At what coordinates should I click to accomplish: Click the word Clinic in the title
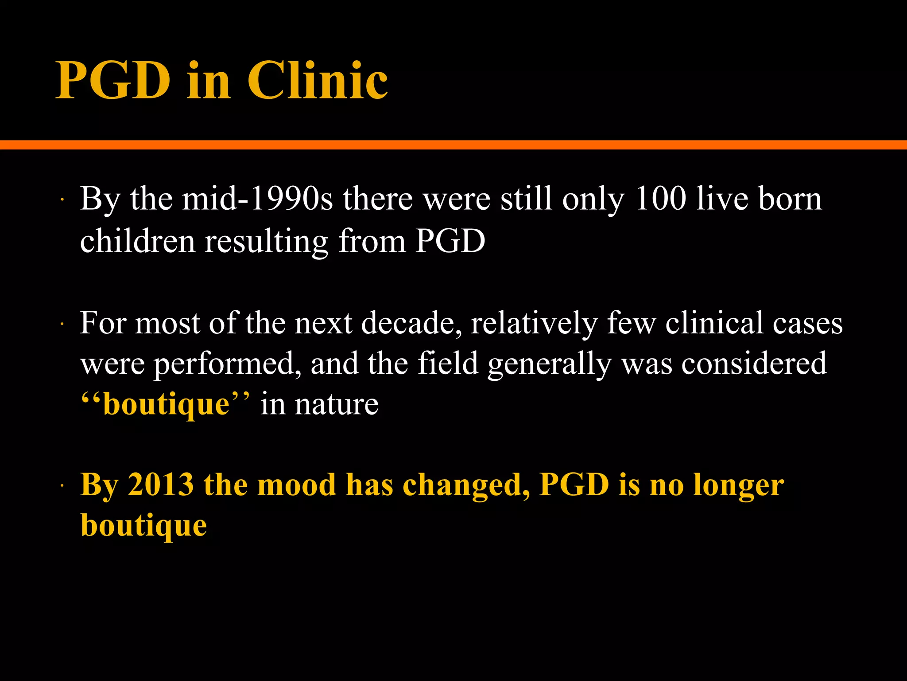click(x=317, y=81)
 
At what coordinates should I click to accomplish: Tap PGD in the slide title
click(x=113, y=81)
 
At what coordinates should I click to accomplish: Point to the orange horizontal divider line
click(x=453, y=145)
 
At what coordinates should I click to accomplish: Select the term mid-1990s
click(x=257, y=199)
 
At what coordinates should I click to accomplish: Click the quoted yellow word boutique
click(x=166, y=405)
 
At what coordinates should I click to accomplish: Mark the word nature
click(x=337, y=405)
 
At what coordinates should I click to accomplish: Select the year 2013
click(x=161, y=485)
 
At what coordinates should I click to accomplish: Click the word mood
click(x=296, y=485)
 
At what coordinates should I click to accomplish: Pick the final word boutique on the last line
click(x=143, y=526)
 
